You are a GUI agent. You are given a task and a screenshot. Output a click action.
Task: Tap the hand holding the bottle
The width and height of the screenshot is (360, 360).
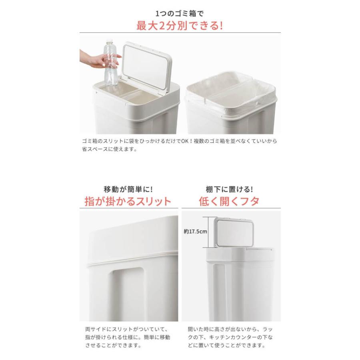94,59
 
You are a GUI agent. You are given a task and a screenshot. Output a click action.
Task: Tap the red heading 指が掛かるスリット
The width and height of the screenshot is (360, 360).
128,201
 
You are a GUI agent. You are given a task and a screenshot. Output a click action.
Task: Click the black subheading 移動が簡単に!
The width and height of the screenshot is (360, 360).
128,188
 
